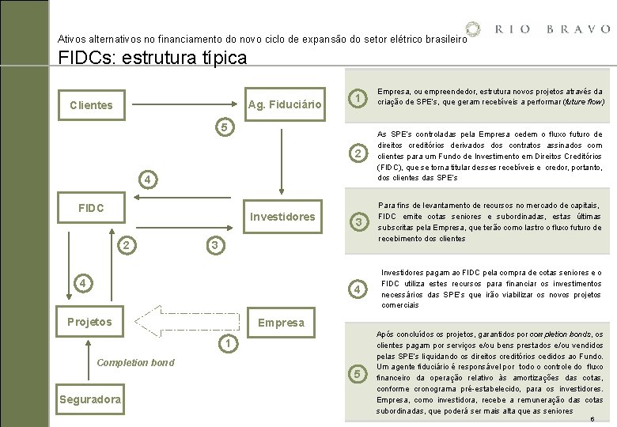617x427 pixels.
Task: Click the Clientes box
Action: coord(91,104)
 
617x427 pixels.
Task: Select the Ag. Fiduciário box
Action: coord(285,104)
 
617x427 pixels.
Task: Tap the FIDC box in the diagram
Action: coord(91,208)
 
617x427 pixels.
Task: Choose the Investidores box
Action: coord(282,216)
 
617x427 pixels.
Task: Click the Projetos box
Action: coord(89,321)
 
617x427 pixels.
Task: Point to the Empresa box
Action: coord(281,322)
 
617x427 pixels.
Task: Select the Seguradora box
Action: coord(90,399)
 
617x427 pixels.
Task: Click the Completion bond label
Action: coord(135,362)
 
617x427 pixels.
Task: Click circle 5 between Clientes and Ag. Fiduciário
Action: coord(225,127)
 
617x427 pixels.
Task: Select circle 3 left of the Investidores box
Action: coord(214,245)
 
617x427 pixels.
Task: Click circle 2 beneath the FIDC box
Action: coord(126,245)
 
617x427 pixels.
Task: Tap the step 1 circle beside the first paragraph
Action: coord(358,98)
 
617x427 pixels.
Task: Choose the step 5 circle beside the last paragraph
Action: coord(358,373)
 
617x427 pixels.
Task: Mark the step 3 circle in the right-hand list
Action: coord(358,222)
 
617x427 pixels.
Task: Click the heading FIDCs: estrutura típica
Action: coord(153,58)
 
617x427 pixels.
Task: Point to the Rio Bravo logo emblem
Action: coord(472,29)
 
